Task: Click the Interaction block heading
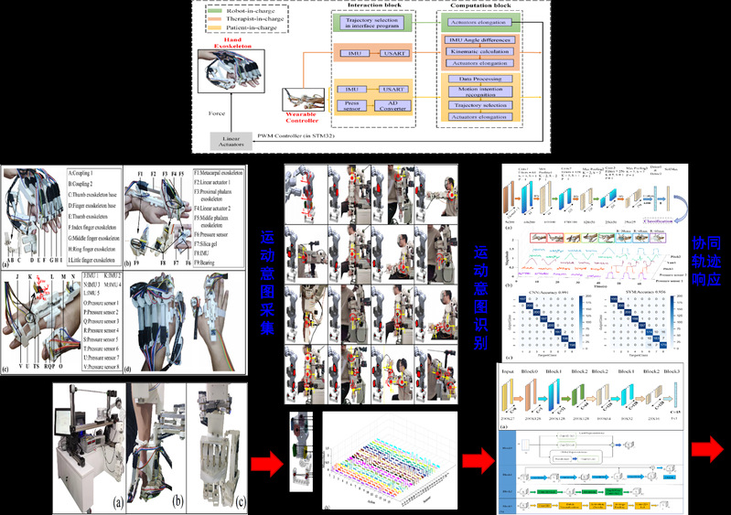click(x=375, y=5)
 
